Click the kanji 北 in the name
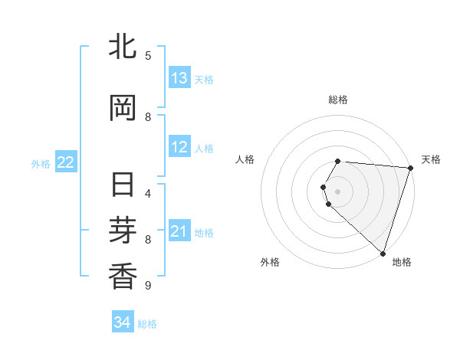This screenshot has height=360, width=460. click(x=123, y=47)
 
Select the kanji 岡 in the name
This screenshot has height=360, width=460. click(x=123, y=109)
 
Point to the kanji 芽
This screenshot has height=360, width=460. click(x=123, y=231)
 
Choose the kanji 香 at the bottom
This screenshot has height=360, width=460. click(x=123, y=277)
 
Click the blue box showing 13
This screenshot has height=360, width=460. click(x=179, y=78)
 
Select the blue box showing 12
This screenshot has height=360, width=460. click(x=179, y=148)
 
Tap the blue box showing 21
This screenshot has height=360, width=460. click(x=179, y=231)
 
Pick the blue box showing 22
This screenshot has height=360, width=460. click(x=66, y=162)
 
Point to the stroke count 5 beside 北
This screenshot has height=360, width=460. click(x=148, y=55)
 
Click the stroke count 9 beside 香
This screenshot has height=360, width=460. click(x=148, y=286)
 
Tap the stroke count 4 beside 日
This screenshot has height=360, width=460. click(x=148, y=193)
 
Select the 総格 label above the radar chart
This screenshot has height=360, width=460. click(x=337, y=100)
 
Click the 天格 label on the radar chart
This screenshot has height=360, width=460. click(x=431, y=159)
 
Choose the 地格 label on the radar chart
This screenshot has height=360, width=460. click(x=402, y=262)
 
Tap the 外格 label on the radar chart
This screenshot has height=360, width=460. click(x=270, y=262)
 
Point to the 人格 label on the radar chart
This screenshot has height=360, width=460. click(x=245, y=159)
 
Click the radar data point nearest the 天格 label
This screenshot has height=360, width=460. click(x=410, y=167)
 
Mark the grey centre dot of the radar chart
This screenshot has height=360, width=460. click(x=337, y=191)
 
